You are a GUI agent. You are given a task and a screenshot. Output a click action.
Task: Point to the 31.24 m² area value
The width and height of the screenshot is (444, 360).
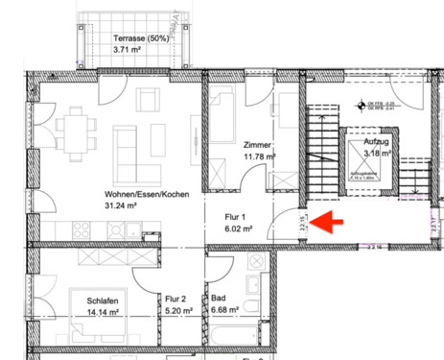point(122,205)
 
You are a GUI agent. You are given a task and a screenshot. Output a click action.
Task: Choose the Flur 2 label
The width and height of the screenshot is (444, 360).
point(175,299)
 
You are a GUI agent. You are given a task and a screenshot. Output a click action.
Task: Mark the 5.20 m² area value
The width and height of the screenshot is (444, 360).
point(177,311)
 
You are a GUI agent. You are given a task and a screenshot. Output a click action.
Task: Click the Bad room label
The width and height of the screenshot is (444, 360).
point(219,299)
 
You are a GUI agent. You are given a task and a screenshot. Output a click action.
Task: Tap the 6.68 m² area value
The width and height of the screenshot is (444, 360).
point(223,311)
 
